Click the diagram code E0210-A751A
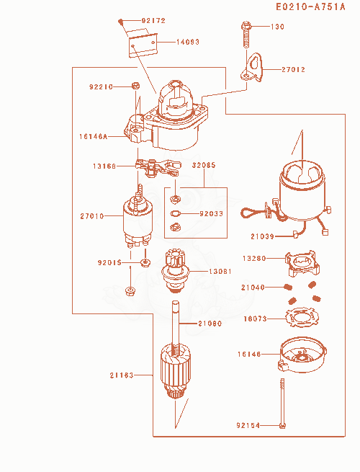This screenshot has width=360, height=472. (x=310, y=6)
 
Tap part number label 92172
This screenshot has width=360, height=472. (x=153, y=20)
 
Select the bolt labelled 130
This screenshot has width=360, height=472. (x=246, y=35)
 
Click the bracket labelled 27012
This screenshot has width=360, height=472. (x=252, y=68)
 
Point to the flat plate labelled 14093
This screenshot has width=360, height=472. (x=143, y=43)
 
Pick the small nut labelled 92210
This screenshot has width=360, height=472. (x=135, y=86)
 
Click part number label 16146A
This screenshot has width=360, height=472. (x=93, y=136)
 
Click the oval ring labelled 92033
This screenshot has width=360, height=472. (x=175, y=213)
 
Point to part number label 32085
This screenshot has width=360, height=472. (x=204, y=165)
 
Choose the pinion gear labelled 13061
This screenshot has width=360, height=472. (x=174, y=271)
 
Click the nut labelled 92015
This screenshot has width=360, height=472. (x=145, y=262)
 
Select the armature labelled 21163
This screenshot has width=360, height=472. (x=175, y=371)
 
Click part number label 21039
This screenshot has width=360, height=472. (x=262, y=236)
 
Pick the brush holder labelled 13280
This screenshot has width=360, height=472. (x=302, y=263)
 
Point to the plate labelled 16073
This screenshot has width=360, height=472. (x=302, y=318)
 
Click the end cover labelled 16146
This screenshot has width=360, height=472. (x=302, y=355)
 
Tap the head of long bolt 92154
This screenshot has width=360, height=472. (x=282, y=426)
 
